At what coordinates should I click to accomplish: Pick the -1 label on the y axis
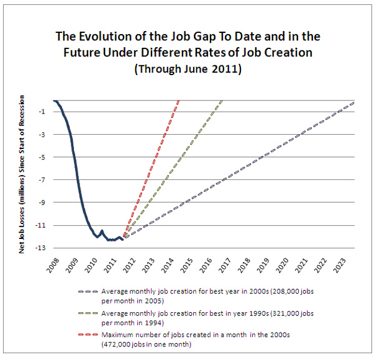pos(42,112)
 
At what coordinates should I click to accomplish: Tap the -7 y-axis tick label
pos(42,180)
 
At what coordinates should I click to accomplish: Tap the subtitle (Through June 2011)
pos(188,69)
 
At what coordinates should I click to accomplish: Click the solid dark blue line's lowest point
pos(111,240)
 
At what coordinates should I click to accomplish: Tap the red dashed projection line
pos(152,167)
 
